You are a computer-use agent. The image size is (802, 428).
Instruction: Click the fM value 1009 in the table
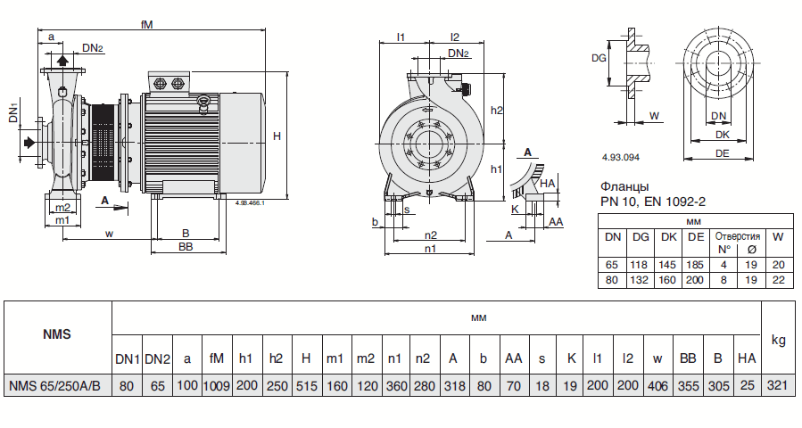(x=217, y=386)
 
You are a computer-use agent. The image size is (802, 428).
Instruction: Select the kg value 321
(x=778, y=386)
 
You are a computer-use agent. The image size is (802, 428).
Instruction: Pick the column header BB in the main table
(x=688, y=358)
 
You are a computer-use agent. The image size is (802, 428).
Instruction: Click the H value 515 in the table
(x=306, y=386)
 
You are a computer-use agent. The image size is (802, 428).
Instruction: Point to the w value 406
(x=657, y=386)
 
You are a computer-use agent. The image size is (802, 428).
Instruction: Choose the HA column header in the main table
(x=746, y=358)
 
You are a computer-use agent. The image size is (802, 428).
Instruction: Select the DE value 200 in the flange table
(x=697, y=280)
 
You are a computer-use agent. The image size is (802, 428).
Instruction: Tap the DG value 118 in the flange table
(x=641, y=265)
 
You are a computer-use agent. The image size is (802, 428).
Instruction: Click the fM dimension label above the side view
(x=147, y=25)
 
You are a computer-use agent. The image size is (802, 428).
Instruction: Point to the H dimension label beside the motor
(x=277, y=136)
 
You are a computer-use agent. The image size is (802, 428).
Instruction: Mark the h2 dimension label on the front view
(x=498, y=110)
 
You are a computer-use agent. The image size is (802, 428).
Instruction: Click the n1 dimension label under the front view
(x=430, y=250)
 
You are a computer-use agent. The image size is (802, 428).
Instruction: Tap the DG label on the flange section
(x=599, y=58)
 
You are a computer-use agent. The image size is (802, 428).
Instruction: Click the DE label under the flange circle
(x=723, y=153)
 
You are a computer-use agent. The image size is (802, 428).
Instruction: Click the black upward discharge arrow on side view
(x=62, y=60)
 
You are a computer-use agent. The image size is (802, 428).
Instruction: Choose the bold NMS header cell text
(x=57, y=335)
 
